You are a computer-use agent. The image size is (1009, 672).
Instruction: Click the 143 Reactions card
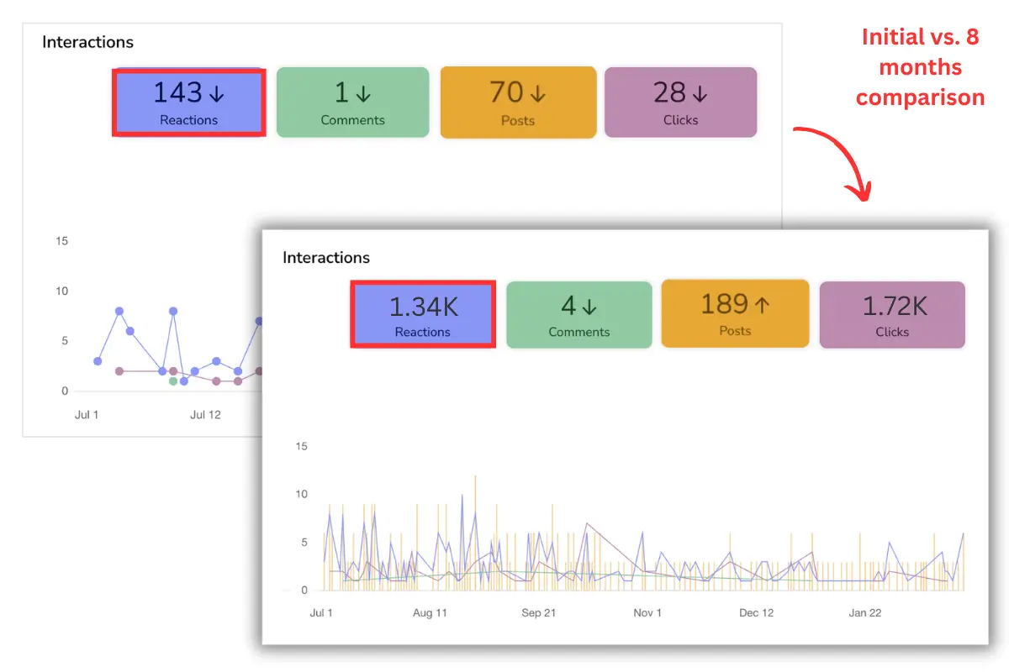click(x=189, y=102)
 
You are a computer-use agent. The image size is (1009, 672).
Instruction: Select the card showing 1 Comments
click(x=352, y=102)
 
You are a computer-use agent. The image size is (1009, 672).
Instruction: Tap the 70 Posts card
click(x=518, y=102)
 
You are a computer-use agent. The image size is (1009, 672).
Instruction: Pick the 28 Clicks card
click(x=680, y=102)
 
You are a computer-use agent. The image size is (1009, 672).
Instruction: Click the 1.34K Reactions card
click(x=422, y=315)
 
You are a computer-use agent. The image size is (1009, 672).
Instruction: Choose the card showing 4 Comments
click(x=578, y=315)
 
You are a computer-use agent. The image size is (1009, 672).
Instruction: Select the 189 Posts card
click(x=735, y=313)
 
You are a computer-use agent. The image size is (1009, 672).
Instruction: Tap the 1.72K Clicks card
click(x=892, y=315)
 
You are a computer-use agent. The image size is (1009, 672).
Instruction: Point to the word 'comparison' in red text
click(x=920, y=97)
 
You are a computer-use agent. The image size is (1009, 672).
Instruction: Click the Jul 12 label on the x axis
click(x=205, y=415)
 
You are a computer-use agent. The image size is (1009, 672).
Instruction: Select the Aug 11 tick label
click(x=430, y=613)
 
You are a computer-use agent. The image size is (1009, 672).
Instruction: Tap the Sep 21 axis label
click(x=538, y=613)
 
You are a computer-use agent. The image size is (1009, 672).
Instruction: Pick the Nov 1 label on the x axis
click(x=647, y=613)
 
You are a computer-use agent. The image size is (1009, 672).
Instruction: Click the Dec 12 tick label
click(x=756, y=613)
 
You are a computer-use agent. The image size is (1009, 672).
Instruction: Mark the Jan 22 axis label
click(x=864, y=613)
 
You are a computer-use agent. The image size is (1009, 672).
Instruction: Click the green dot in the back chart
click(x=173, y=381)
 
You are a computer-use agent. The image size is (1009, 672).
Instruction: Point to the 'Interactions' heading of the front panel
click(x=326, y=258)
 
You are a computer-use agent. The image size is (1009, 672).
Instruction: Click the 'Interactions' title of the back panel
click(x=87, y=42)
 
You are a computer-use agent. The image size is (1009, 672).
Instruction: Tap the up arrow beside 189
click(x=762, y=305)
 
